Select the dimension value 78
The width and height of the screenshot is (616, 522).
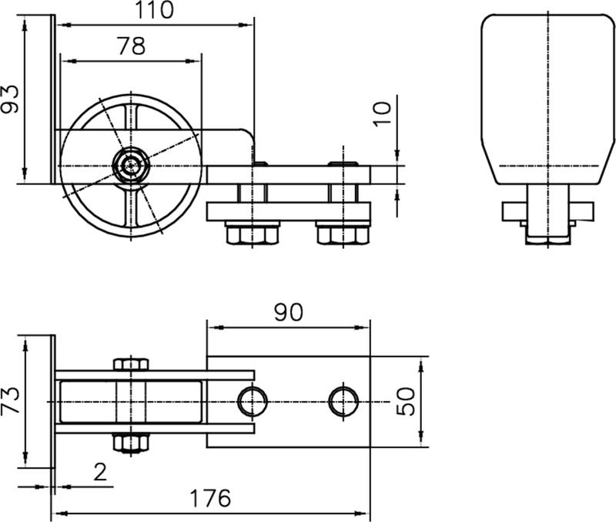[130, 45]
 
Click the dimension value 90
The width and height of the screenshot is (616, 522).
[288, 312]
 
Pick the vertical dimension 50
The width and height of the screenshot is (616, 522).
[407, 401]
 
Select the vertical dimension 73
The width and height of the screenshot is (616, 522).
[11, 402]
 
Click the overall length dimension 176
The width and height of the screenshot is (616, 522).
[211, 498]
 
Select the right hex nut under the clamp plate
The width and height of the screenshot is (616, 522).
[342, 231]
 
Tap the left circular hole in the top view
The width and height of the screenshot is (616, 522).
[252, 401]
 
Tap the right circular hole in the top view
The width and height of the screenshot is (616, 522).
[344, 401]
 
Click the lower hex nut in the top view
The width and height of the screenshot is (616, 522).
[131, 443]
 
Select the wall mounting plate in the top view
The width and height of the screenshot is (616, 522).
[53, 401]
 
